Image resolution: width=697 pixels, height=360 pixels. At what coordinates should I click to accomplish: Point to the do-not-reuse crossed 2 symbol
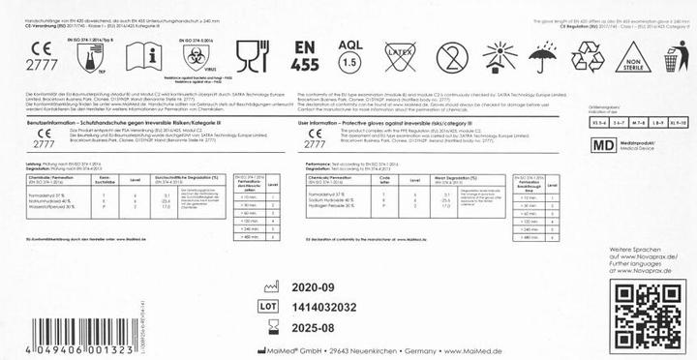[x=453, y=58]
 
